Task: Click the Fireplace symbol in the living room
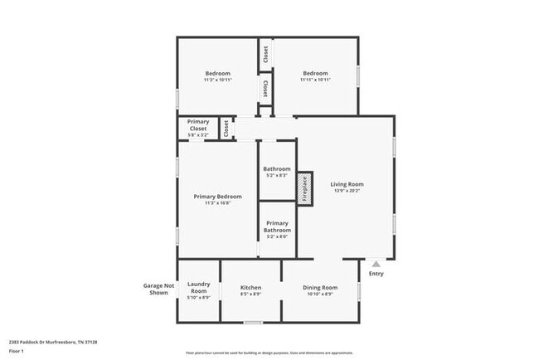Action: coord(304,188)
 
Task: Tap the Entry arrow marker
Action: coord(376,264)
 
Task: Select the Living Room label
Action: coord(347,184)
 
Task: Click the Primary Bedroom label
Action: coord(217,197)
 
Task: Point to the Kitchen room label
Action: coord(250,286)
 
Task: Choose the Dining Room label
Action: coord(319,286)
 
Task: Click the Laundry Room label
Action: coord(198,287)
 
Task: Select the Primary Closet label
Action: coord(197,125)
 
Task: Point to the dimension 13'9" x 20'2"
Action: coord(347,191)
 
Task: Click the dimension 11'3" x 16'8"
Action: coord(217,203)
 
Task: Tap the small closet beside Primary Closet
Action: coord(226,129)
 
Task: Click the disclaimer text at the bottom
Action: coord(269,352)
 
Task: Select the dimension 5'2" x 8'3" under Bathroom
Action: coord(277,175)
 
